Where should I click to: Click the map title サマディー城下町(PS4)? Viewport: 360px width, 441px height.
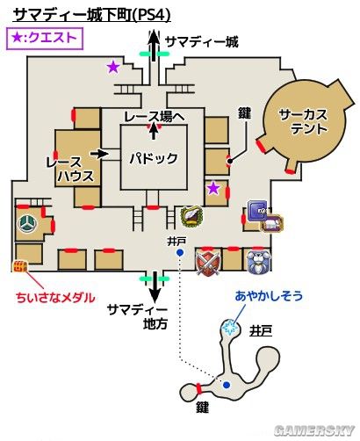point(92,15)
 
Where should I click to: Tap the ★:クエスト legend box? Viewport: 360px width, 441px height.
point(45,39)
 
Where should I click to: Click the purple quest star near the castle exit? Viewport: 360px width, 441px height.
point(113,67)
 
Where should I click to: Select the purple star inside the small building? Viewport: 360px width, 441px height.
point(213,188)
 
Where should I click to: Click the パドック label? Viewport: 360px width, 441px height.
point(154,158)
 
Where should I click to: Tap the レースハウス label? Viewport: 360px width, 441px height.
point(70,170)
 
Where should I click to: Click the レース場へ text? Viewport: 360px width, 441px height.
point(155,117)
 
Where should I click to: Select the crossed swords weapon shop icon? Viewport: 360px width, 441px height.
point(208,262)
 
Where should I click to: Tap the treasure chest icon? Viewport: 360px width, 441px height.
point(20,267)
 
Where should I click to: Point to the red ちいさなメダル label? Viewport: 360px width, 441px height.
point(55,298)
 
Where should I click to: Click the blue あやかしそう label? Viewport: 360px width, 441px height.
point(269,296)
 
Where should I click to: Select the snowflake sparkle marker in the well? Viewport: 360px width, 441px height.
point(229,327)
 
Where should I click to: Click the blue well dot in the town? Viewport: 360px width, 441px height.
point(180,252)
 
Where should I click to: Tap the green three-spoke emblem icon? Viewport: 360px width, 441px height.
point(28,224)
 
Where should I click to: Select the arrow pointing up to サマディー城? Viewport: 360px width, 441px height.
point(155,46)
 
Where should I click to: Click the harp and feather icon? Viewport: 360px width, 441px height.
point(191,217)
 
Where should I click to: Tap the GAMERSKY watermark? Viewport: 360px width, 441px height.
point(314,430)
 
